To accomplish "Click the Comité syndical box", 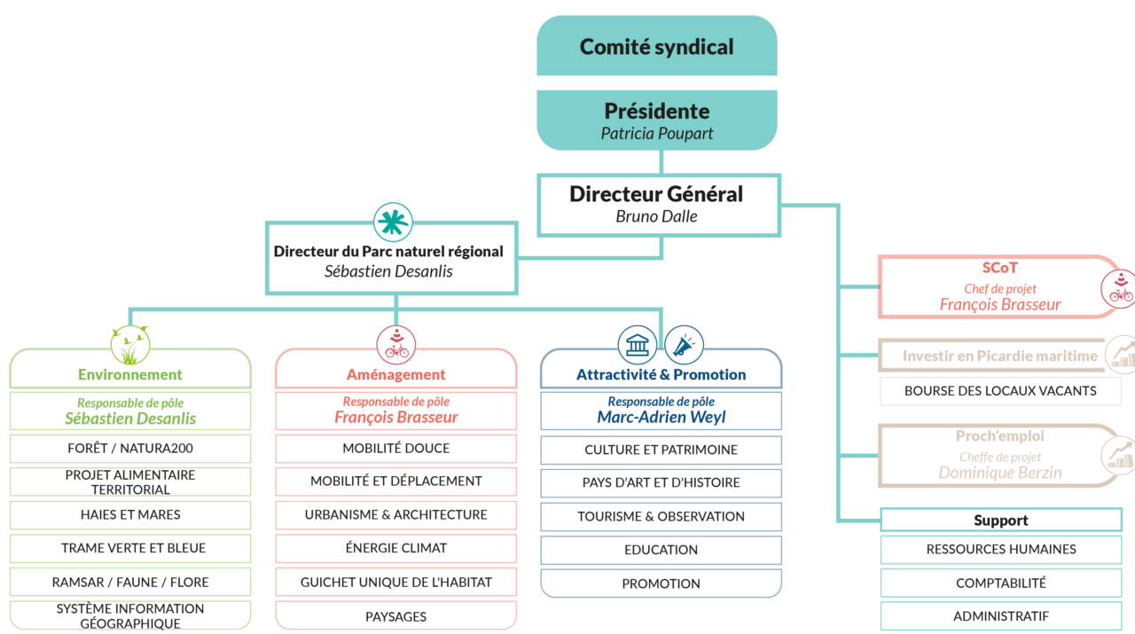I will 657,47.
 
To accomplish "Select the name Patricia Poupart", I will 657,134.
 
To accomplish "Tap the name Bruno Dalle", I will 657,216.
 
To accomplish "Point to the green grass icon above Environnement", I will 129,346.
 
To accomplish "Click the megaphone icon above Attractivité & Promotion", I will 683,345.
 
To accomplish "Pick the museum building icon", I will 637,345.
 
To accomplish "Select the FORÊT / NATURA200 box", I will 130,449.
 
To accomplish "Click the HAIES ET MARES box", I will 130,514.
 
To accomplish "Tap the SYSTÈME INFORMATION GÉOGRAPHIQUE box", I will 130,615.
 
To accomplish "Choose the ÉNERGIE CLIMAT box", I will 396,548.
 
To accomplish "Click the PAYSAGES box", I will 396,615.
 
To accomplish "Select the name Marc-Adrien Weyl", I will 661,418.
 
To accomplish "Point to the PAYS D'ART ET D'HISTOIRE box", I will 661,482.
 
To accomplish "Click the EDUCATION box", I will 661,550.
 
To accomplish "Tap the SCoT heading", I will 999,268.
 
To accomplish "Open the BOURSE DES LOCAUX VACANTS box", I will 1000,391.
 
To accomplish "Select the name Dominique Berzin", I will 1000,474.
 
